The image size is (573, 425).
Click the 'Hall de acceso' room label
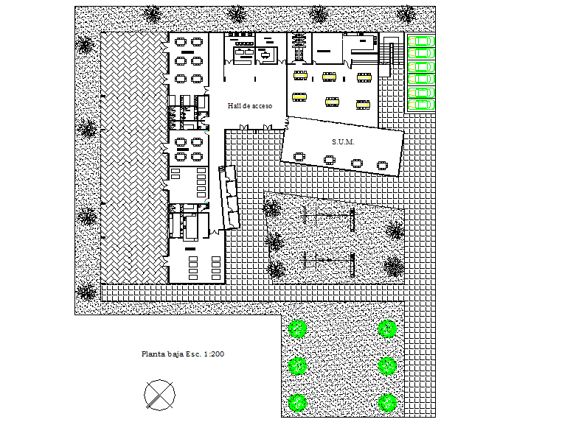click(x=250, y=106)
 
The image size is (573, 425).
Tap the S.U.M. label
click(x=344, y=141)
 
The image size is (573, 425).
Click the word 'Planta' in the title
click(x=153, y=354)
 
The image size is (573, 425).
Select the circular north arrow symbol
click(x=159, y=394)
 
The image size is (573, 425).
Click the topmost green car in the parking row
click(x=422, y=41)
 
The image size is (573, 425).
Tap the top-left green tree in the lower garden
click(x=298, y=329)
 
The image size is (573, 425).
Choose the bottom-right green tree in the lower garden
click(x=388, y=402)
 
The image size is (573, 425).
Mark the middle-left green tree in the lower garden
click(x=298, y=365)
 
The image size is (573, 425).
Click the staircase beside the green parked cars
click(x=393, y=52)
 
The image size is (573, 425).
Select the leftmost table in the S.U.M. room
click(x=299, y=156)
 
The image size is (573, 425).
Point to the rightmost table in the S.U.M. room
click(x=382, y=165)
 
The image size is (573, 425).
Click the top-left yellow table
click(x=300, y=75)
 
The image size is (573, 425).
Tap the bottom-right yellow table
click(x=363, y=104)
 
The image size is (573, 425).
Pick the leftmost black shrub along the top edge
click(x=153, y=14)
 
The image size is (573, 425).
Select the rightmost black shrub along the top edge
click(x=406, y=14)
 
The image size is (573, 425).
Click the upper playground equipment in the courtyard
click(x=329, y=217)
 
